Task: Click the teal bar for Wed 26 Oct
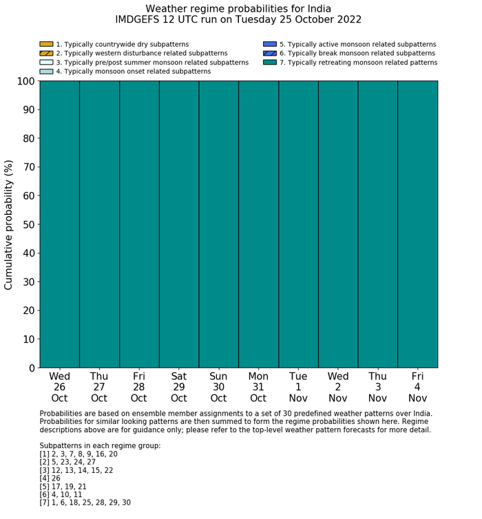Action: pyautogui.click(x=59, y=224)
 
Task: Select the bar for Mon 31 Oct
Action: pyautogui.click(x=258, y=224)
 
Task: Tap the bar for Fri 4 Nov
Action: pyautogui.click(x=417, y=224)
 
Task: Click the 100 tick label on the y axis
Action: pyautogui.click(x=25, y=81)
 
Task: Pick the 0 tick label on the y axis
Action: pyautogui.click(x=32, y=368)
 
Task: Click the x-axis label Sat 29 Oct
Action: pyautogui.click(x=179, y=388)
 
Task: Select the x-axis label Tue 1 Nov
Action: pyautogui.click(x=298, y=388)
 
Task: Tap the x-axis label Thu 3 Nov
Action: pyautogui.click(x=377, y=388)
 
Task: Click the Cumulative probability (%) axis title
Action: pyautogui.click(x=9, y=224)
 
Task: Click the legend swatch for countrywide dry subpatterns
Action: pyautogui.click(x=46, y=44)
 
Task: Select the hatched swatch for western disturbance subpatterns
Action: pyautogui.click(x=46, y=53)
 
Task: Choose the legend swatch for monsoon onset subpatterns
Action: pyautogui.click(x=46, y=71)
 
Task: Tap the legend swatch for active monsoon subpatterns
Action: pyautogui.click(x=270, y=44)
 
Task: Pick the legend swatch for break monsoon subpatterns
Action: pyautogui.click(x=270, y=53)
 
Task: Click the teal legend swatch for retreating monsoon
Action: pyautogui.click(x=270, y=62)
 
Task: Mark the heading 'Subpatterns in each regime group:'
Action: pyautogui.click(x=100, y=446)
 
